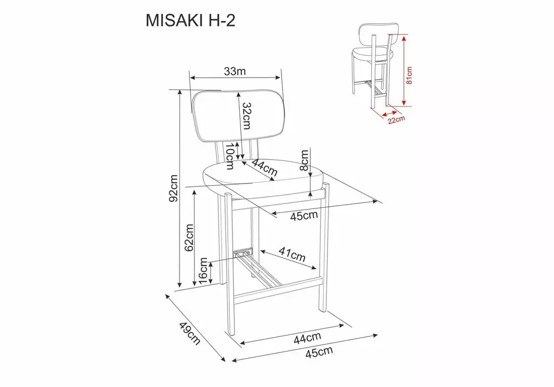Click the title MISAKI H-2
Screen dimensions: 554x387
(x=191, y=21)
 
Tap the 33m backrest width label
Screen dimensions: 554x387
(x=234, y=71)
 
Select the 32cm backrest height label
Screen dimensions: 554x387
(x=247, y=116)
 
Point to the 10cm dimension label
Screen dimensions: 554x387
(x=230, y=156)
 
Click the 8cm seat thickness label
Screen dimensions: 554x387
(x=304, y=160)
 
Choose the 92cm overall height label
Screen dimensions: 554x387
(x=173, y=188)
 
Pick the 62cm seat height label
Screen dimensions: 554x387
(x=189, y=237)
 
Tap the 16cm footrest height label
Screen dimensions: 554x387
(x=203, y=271)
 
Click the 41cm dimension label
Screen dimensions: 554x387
(x=292, y=253)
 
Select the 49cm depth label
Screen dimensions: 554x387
(x=189, y=333)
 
